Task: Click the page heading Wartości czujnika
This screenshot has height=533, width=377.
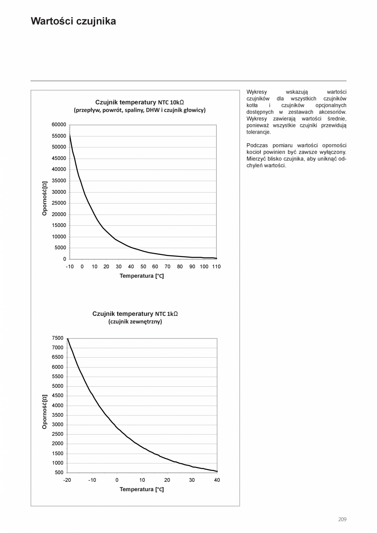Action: pyautogui.click(x=73, y=21)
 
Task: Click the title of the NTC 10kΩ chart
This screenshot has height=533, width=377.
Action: pyautogui.click(x=139, y=102)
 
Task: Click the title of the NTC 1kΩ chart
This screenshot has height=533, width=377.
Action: pyautogui.click(x=135, y=314)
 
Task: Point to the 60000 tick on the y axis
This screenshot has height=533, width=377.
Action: pyautogui.click(x=59, y=125)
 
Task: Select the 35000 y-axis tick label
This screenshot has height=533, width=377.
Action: pyautogui.click(x=59, y=181)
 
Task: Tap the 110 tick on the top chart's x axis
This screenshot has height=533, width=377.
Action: pyautogui.click(x=216, y=267)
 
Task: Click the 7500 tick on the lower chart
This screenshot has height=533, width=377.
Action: pyautogui.click(x=58, y=338)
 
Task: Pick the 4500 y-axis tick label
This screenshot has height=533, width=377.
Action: pyautogui.click(x=58, y=396)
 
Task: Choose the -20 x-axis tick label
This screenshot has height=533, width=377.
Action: pyautogui.click(x=67, y=480)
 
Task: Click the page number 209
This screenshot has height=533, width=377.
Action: pyautogui.click(x=342, y=519)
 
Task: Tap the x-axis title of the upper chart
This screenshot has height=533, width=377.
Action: pyautogui.click(x=142, y=276)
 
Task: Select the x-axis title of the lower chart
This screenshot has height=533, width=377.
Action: pyautogui.click(x=142, y=490)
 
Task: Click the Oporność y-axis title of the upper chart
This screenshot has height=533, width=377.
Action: pyautogui.click(x=45, y=198)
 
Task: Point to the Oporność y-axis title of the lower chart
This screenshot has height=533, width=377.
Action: pyautogui.click(x=45, y=412)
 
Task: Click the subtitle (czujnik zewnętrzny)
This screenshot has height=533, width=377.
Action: pyautogui.click(x=135, y=322)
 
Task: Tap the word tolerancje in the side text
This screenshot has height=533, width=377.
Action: pyautogui.click(x=259, y=132)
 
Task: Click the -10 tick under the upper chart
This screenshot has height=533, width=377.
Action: pyautogui.click(x=70, y=267)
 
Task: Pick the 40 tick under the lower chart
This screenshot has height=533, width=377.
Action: pyautogui.click(x=217, y=480)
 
